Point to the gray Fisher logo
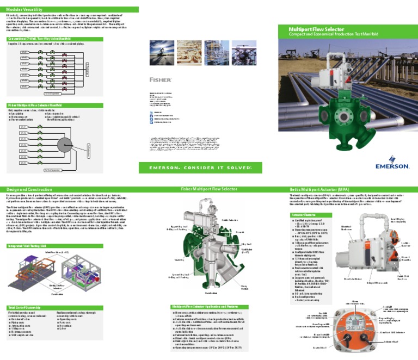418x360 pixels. point(157,79)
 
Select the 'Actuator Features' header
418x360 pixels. point(305,215)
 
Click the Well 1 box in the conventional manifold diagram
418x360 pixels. point(25,52)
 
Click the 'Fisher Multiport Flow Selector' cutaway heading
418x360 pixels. point(209,189)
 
